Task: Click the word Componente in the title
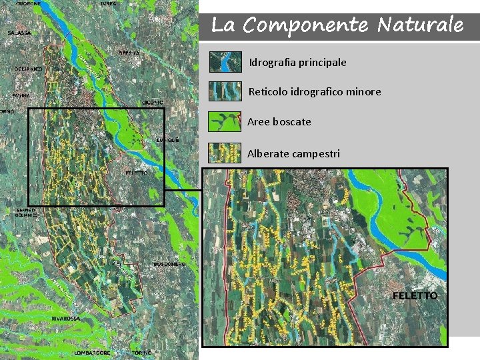click(305, 25)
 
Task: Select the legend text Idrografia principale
click(297, 62)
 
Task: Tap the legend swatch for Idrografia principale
click(225, 62)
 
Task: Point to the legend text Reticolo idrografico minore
click(315, 91)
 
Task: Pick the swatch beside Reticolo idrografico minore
click(225, 91)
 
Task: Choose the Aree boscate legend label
click(279, 121)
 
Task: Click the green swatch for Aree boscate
click(225, 121)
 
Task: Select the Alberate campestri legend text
click(293, 153)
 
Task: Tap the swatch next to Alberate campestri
click(225, 153)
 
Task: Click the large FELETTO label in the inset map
click(415, 295)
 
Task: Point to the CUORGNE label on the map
click(29, 4)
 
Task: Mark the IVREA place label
click(107, 3)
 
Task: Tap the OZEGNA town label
click(129, 53)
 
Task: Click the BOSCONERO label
click(169, 264)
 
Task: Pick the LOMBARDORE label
click(92, 352)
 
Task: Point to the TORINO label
click(141, 352)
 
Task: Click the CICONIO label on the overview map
click(152, 102)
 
